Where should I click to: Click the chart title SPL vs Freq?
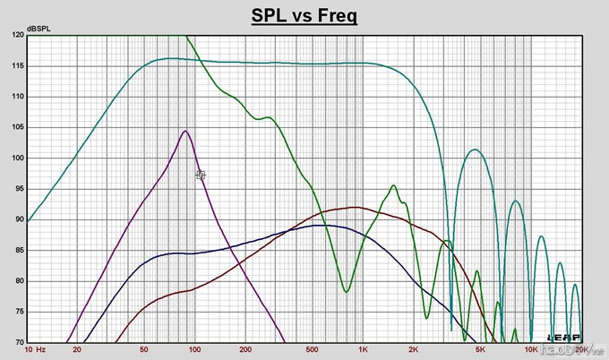[304, 17]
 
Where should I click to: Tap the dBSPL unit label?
[39, 29]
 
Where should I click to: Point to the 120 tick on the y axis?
[18, 36]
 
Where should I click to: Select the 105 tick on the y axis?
[18, 128]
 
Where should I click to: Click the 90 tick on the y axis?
[18, 220]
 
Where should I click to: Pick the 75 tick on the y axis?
[18, 313]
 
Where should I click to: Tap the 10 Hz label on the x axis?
[36, 349]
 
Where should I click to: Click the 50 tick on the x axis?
[144, 349]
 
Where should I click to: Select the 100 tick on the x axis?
[194, 349]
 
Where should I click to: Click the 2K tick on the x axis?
[413, 349]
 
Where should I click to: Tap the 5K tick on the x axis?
[480, 349]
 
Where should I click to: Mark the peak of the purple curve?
[185, 131]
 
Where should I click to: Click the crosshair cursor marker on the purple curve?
[201, 176]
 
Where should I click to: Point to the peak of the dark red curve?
[356, 208]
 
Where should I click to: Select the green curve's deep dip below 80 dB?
[347, 291]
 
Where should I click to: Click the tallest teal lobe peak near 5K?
[475, 150]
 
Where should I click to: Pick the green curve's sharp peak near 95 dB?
[393, 186]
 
